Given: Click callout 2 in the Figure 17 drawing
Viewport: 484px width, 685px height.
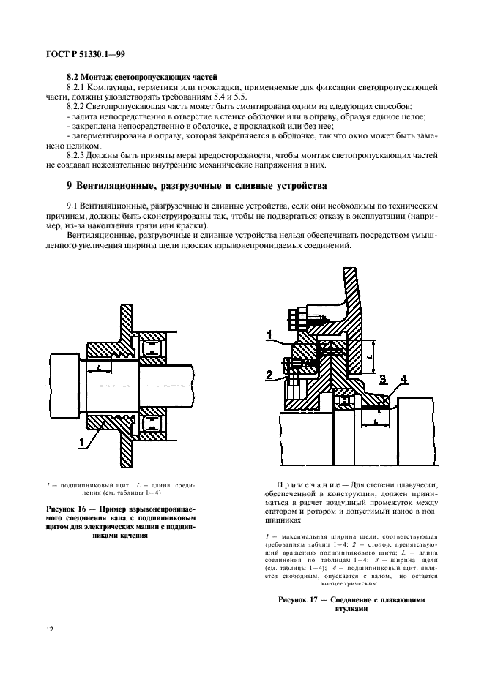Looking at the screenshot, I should click(x=268, y=375).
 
